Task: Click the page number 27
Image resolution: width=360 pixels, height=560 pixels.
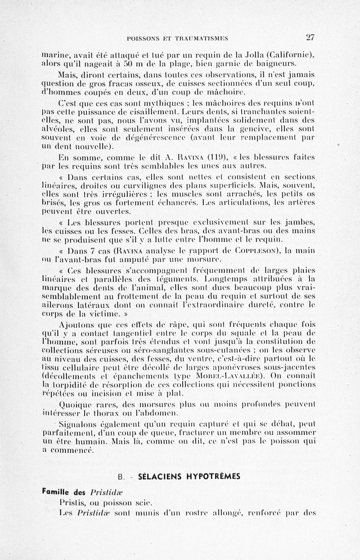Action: (310, 37)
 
